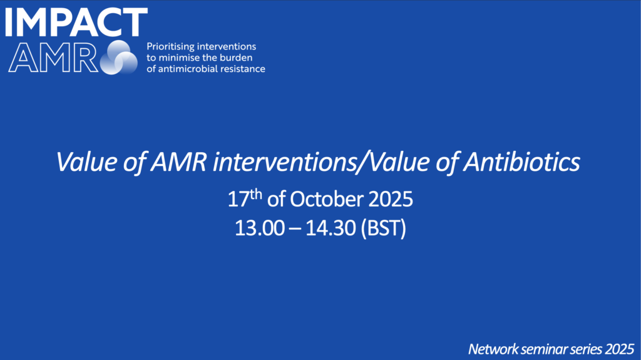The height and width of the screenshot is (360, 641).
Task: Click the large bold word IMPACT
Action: pos(76,22)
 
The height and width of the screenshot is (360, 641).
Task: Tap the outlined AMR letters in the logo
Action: pos(53,58)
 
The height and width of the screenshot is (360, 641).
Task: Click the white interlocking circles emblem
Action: pos(119,57)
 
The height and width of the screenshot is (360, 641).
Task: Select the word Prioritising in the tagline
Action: pos(170,46)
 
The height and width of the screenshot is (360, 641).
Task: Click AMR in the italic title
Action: pos(178,162)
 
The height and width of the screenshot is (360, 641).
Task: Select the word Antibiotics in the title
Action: pos(521,162)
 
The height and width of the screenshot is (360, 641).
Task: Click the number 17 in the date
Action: pos(238,200)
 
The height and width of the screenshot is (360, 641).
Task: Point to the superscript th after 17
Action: pos(256,194)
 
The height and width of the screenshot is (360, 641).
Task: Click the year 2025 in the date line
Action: pos(391,200)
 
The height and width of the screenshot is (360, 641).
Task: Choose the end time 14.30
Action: pos(331,228)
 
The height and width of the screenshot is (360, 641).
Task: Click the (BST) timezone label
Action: pos(384,229)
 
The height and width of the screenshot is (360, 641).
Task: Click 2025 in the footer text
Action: pos(620,349)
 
